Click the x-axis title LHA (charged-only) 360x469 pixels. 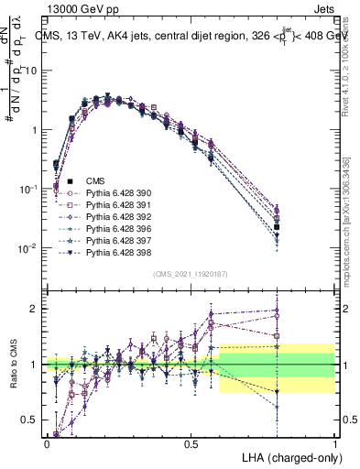289,456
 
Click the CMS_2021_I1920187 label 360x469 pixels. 191,274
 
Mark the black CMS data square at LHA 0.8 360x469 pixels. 277,226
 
